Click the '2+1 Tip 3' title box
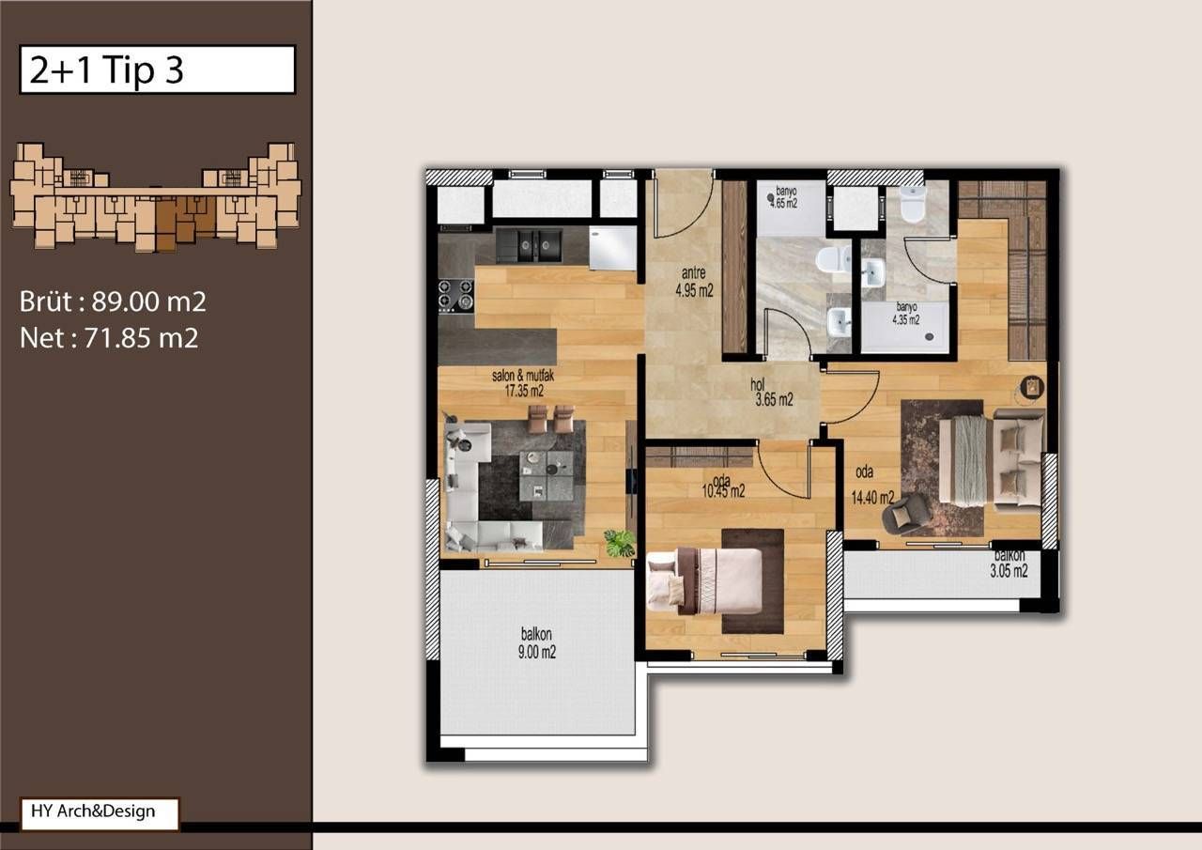coord(157,70)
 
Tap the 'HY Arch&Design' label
coord(99,812)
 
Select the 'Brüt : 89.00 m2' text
coord(113,302)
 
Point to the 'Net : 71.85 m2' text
coord(109,338)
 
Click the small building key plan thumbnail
coord(155,196)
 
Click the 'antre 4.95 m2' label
coord(694,283)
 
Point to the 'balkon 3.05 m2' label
coord(1010,563)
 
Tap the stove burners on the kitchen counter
coord(455,295)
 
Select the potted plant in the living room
coord(619,543)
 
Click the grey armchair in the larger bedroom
coord(909,513)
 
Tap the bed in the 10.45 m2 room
coord(704,580)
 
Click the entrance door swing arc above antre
coord(681,207)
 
